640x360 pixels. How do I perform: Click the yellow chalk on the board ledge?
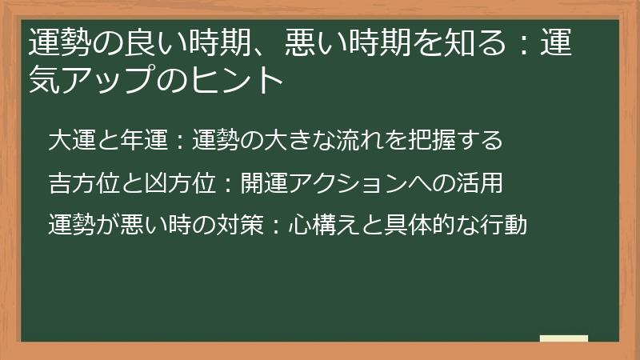pos(564,338)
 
